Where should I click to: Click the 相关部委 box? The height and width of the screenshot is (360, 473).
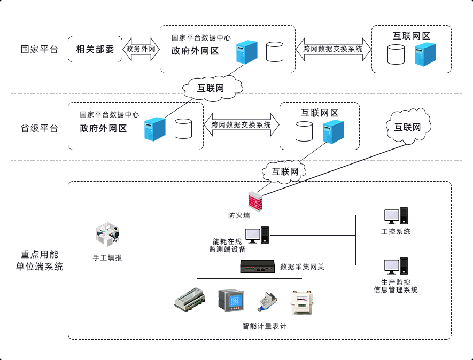click(x=95, y=49)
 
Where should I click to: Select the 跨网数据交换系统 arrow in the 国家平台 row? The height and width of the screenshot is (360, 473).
click(x=333, y=49)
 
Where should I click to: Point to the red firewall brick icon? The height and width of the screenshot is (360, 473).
click(x=257, y=201)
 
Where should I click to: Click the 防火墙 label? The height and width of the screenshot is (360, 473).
click(x=239, y=216)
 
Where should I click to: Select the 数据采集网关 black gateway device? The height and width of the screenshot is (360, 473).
click(x=258, y=267)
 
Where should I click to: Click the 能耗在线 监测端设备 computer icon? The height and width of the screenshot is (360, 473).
click(x=257, y=234)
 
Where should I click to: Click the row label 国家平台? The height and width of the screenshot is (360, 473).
click(x=40, y=50)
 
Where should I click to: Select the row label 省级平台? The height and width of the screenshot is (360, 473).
click(x=40, y=128)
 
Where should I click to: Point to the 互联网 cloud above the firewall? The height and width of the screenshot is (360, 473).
click(x=284, y=171)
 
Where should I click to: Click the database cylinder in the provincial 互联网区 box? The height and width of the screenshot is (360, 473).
click(x=304, y=131)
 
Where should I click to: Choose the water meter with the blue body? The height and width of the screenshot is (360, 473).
click(x=265, y=302)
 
